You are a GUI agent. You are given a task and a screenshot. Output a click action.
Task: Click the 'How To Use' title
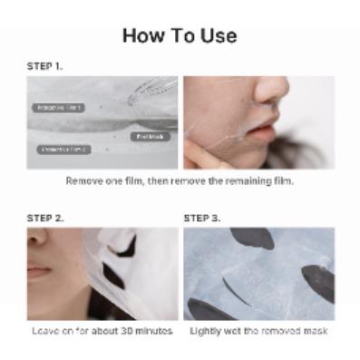[180, 35]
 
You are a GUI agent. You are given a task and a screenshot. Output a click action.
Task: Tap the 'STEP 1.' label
[45, 66]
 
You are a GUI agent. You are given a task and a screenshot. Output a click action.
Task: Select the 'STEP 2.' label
[45, 218]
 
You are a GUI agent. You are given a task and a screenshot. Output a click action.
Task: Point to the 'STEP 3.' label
[201, 218]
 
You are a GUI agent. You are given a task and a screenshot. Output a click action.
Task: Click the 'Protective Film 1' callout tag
[58, 107]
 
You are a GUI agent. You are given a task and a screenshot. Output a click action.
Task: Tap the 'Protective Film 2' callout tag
[64, 149]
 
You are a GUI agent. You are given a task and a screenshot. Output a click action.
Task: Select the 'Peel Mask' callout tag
[150, 136]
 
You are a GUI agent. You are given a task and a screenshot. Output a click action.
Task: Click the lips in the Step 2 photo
[38, 270]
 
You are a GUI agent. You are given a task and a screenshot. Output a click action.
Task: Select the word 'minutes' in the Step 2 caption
[154, 331]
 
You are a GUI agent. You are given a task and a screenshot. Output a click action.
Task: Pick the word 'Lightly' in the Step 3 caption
[204, 331]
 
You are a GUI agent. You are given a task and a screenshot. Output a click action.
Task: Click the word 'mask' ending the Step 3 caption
[316, 331]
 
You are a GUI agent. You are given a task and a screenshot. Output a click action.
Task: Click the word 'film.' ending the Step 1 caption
[283, 180]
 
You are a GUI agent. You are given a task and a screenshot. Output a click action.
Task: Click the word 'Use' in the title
[219, 35]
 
